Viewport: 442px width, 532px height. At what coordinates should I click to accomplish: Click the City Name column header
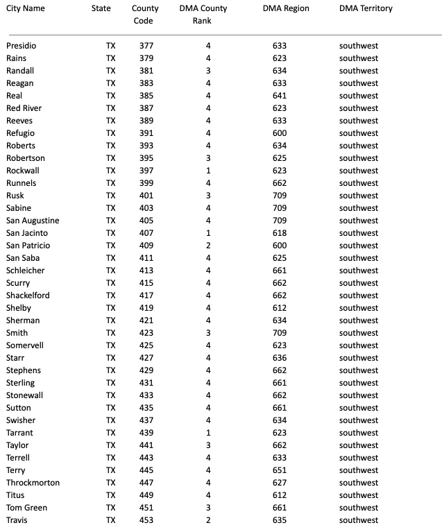click(26, 8)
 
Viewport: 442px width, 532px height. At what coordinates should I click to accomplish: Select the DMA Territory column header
click(366, 8)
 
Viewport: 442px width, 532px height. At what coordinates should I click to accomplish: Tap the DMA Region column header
click(286, 8)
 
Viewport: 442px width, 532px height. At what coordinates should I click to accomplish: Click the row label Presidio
click(22, 46)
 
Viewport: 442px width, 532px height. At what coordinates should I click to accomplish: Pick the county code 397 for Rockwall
click(146, 171)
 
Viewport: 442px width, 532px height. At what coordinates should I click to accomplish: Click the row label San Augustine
click(33, 221)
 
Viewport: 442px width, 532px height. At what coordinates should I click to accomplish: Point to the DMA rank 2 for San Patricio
click(207, 246)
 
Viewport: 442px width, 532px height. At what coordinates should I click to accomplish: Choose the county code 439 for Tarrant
click(146, 433)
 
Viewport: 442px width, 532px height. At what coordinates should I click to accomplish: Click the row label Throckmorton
click(33, 483)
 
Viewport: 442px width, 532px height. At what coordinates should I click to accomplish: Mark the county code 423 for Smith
click(146, 333)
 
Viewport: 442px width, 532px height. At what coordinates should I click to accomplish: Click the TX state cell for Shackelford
click(110, 295)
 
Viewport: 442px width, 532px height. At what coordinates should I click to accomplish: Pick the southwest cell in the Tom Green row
click(359, 508)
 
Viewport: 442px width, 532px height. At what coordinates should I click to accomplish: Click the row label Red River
click(24, 108)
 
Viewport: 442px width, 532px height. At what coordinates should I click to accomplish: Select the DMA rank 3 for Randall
click(207, 71)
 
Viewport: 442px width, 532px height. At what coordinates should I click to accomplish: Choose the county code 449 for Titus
click(146, 495)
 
